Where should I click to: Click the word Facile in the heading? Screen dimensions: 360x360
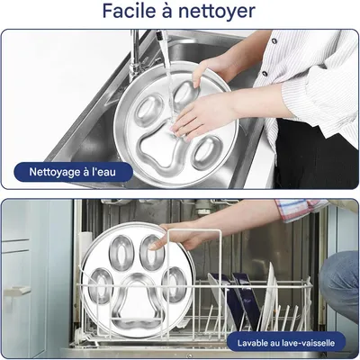click(130, 11)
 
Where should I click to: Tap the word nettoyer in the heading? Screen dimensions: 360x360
click(217, 12)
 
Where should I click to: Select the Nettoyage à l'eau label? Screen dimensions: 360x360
click(73, 172)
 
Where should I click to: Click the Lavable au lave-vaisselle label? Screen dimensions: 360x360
click(286, 343)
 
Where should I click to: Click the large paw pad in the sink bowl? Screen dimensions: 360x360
click(161, 151)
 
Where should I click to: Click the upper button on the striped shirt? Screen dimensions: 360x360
click(274, 41)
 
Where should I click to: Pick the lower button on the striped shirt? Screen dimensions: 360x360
click(265, 74)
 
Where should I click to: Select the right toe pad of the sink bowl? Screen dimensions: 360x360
click(207, 152)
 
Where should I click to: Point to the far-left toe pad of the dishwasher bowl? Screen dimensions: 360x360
click(101, 286)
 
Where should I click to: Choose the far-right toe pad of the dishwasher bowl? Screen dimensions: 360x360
click(174, 284)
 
